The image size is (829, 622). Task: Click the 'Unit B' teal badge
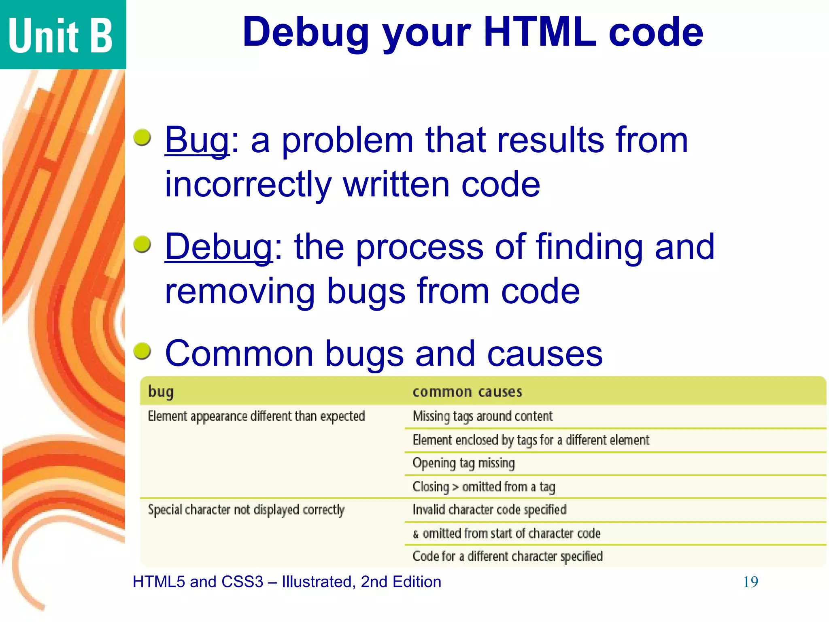pyautogui.click(x=61, y=35)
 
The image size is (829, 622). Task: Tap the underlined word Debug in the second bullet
pyautogui.click(x=219, y=247)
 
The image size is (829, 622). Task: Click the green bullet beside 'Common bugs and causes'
pyautogui.click(x=142, y=350)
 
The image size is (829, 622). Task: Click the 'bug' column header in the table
pyautogui.click(x=161, y=392)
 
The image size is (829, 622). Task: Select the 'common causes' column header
pyautogui.click(x=467, y=392)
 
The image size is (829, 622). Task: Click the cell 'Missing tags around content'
pyautogui.click(x=483, y=416)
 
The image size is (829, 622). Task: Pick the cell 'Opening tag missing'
pyautogui.click(x=463, y=463)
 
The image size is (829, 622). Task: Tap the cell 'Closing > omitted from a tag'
pyautogui.click(x=484, y=486)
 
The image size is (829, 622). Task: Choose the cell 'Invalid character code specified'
pyautogui.click(x=489, y=509)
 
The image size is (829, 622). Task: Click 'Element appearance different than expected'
pyautogui.click(x=256, y=416)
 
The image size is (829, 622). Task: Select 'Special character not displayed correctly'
pyautogui.click(x=246, y=509)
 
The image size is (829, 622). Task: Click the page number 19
pyautogui.click(x=750, y=582)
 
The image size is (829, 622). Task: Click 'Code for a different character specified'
pyautogui.click(x=507, y=556)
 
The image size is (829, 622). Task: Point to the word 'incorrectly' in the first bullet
pyautogui.click(x=248, y=185)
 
